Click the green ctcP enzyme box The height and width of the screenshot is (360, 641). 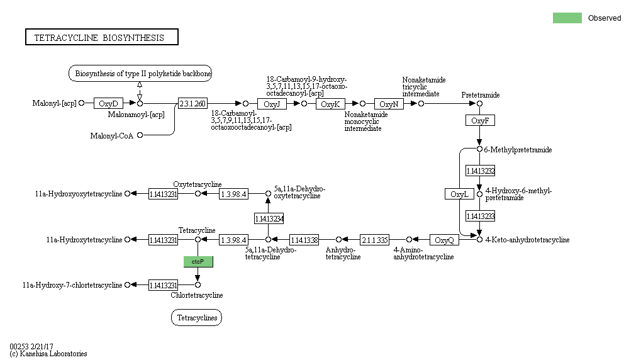pyautogui.click(x=198, y=261)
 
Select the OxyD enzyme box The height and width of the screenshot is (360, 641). pyautogui.click(x=108, y=103)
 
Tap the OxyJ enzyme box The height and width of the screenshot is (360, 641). pyautogui.click(x=272, y=104)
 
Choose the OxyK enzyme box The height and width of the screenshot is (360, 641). pyautogui.click(x=330, y=104)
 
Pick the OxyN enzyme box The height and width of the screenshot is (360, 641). pyautogui.click(x=389, y=104)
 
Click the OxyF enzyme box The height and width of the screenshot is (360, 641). pyautogui.click(x=479, y=120)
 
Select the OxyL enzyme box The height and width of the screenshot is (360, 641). pyautogui.click(x=459, y=194)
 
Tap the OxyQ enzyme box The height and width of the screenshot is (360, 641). pyautogui.click(x=444, y=240)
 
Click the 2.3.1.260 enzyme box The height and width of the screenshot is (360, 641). pyautogui.click(x=192, y=103)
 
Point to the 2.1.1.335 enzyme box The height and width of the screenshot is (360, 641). pyautogui.click(x=374, y=240)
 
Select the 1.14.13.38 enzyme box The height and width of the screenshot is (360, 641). pyautogui.click(x=304, y=240)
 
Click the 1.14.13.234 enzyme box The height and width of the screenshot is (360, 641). pyautogui.click(x=269, y=219)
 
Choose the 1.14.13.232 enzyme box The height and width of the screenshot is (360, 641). pyautogui.click(x=480, y=171)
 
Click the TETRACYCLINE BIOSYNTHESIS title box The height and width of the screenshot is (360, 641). pyautogui.click(x=102, y=38)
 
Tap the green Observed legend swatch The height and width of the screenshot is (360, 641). pyautogui.click(x=567, y=18)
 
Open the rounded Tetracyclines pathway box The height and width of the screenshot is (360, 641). pyautogui.click(x=196, y=318)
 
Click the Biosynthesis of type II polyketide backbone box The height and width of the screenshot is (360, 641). pyautogui.click(x=140, y=74)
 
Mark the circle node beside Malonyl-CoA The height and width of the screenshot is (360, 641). pyautogui.click(x=140, y=135)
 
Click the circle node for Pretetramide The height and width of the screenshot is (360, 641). pyautogui.click(x=479, y=103)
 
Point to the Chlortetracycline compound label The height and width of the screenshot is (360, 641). pyautogui.click(x=197, y=295)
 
